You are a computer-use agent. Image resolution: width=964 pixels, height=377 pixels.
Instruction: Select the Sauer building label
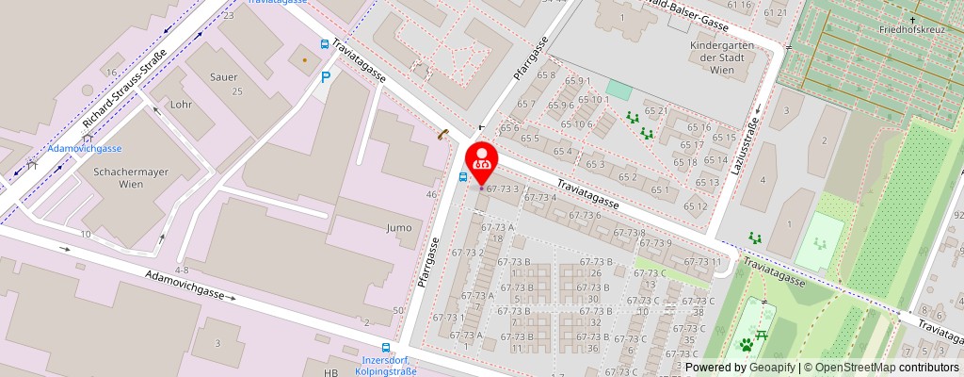[x=224, y=78]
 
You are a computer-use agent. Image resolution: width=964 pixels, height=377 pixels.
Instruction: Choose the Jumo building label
[x=399, y=227]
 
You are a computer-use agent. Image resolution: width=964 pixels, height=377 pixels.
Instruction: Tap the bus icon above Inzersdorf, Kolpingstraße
[x=385, y=347]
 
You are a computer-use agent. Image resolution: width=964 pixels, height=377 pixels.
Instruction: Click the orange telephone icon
[x=441, y=135]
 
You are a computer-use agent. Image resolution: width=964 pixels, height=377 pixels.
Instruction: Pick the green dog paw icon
[x=746, y=344]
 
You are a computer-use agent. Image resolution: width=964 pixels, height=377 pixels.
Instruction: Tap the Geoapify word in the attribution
[x=772, y=368]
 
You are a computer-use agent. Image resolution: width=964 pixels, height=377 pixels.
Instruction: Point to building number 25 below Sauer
[x=237, y=91]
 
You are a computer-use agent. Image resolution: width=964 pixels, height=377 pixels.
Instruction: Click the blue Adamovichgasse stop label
[x=85, y=149]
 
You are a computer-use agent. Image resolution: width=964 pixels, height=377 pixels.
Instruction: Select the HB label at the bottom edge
[x=330, y=372]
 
